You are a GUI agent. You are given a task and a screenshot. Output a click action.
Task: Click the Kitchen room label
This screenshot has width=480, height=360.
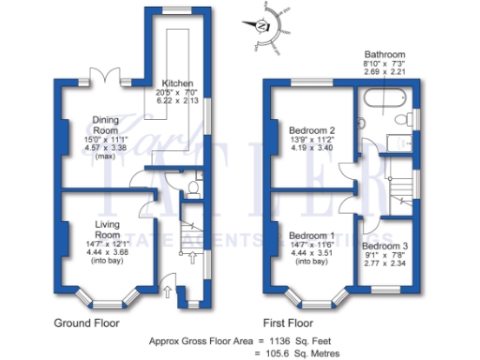coord(177,82)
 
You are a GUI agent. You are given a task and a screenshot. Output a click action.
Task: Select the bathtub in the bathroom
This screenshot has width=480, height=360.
coord(382,99)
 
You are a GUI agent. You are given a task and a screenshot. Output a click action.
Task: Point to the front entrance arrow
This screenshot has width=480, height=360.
coord(167,292)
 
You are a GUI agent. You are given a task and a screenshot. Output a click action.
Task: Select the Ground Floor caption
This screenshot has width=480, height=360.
coord(85,322)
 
